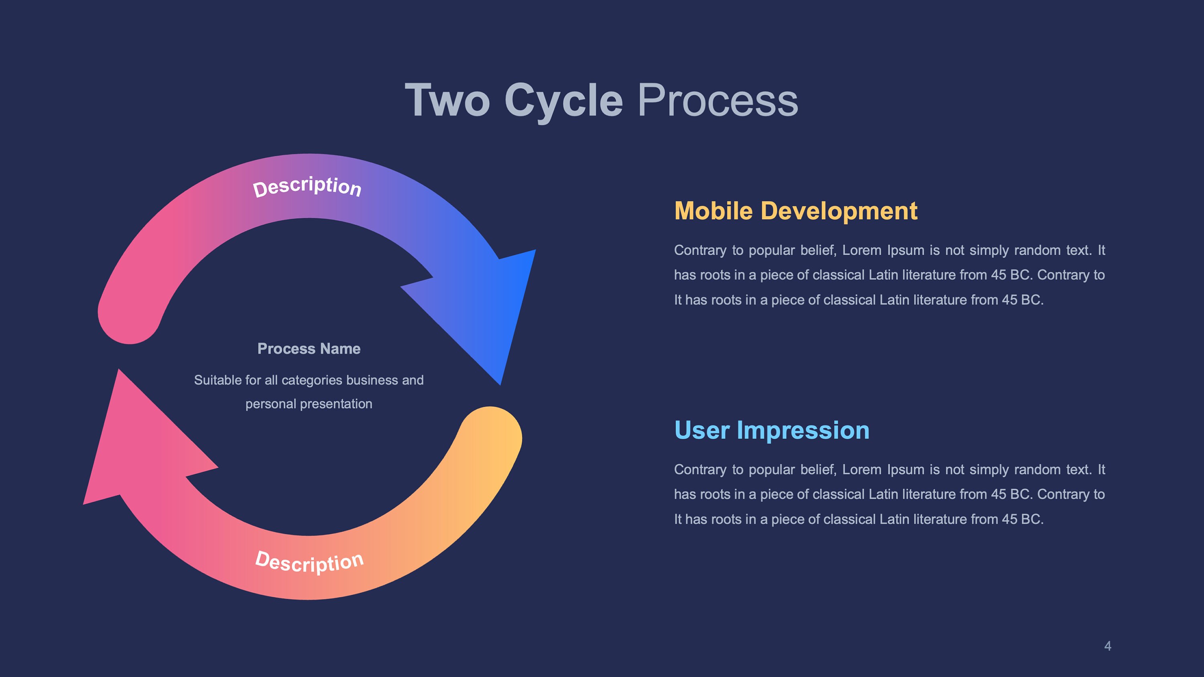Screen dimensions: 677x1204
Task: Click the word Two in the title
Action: pos(447,100)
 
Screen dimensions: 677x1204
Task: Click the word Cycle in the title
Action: pos(563,100)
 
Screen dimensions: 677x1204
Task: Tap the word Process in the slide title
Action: pos(718,100)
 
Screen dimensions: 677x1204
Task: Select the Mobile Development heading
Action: pos(795,211)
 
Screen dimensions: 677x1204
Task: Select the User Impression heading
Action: pos(772,430)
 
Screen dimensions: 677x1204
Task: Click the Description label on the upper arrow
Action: pos(307,187)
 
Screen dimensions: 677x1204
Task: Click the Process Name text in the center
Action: pos(309,349)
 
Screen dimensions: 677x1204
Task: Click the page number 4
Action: pos(1107,646)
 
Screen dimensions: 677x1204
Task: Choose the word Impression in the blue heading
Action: pos(803,430)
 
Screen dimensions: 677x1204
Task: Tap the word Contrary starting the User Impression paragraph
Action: pos(700,470)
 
